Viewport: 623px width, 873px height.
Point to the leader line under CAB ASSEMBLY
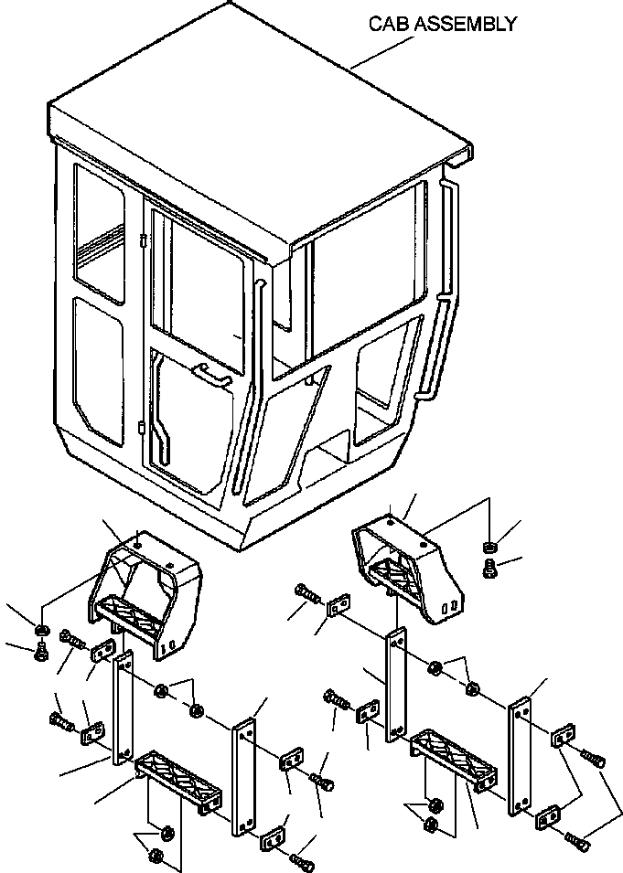pyautogui.click(x=382, y=53)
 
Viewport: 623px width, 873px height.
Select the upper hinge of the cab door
pyautogui.click(x=142, y=241)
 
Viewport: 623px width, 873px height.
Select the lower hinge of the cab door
pyautogui.click(x=142, y=428)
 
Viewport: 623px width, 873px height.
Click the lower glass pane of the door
pyautogui.click(x=191, y=423)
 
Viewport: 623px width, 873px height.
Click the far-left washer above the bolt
pyautogui.click(x=40, y=630)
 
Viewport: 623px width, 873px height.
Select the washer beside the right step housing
pyautogui.click(x=489, y=547)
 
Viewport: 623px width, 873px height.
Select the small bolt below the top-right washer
pyautogui.click(x=489, y=569)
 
